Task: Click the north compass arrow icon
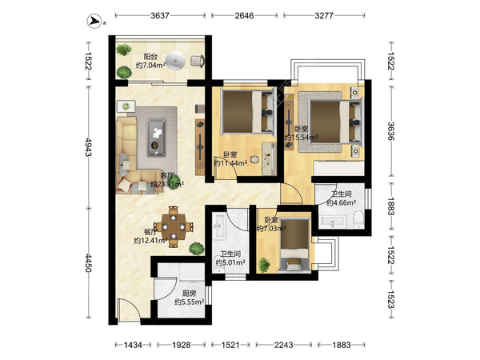[94, 21]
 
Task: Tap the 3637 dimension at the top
[160, 15]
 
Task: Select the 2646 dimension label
[244, 15]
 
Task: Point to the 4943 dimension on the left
[89, 147]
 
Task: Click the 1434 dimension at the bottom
[133, 345]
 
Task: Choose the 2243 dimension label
[283, 345]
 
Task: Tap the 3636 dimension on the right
[391, 131]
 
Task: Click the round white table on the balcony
[175, 62]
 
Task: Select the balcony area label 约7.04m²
[150, 66]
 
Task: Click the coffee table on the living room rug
[157, 137]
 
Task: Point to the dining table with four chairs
[174, 227]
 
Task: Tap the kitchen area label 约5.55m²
[189, 302]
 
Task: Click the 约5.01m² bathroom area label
[230, 262]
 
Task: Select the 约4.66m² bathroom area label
[341, 202]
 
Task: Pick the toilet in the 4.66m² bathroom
[358, 219]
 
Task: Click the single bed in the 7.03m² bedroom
[294, 245]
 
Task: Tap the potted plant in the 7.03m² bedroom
[263, 265]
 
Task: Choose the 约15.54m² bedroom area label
[301, 138]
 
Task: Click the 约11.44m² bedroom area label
[230, 163]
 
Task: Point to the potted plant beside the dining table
[196, 248]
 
